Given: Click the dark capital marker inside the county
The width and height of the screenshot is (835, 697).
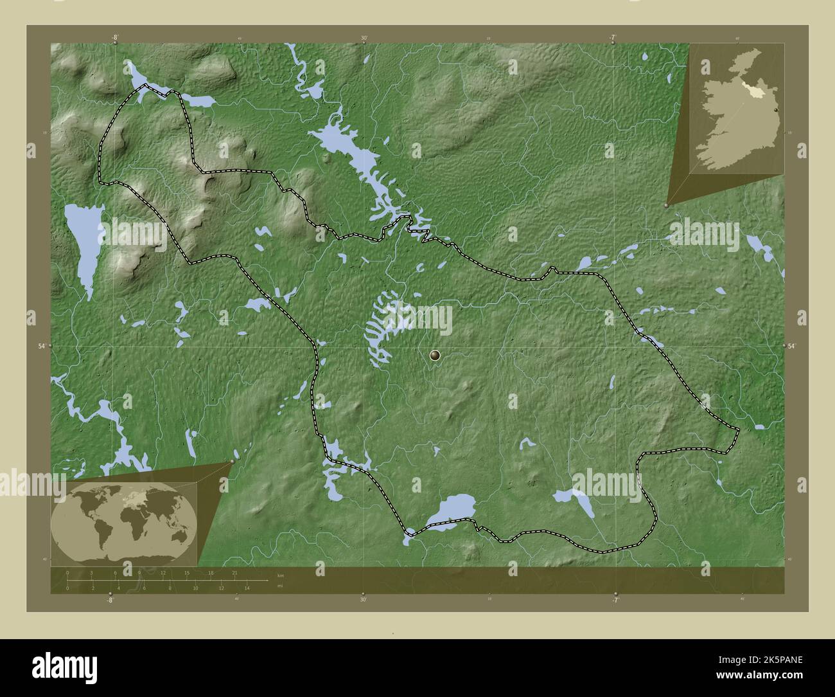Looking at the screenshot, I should click(435, 355).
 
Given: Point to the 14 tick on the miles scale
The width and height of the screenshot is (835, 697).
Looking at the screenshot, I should click(247, 588).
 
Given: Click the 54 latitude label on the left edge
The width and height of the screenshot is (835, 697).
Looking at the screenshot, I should click(41, 346).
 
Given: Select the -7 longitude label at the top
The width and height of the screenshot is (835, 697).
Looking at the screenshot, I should click(613, 37).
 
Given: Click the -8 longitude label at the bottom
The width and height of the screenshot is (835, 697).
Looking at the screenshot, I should click(110, 600).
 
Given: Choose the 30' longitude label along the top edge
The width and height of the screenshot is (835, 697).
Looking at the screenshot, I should click(364, 37).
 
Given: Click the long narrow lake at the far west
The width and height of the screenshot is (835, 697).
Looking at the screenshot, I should click(84, 244).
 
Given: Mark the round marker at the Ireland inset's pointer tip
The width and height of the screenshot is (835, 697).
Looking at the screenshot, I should click(666, 205).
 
